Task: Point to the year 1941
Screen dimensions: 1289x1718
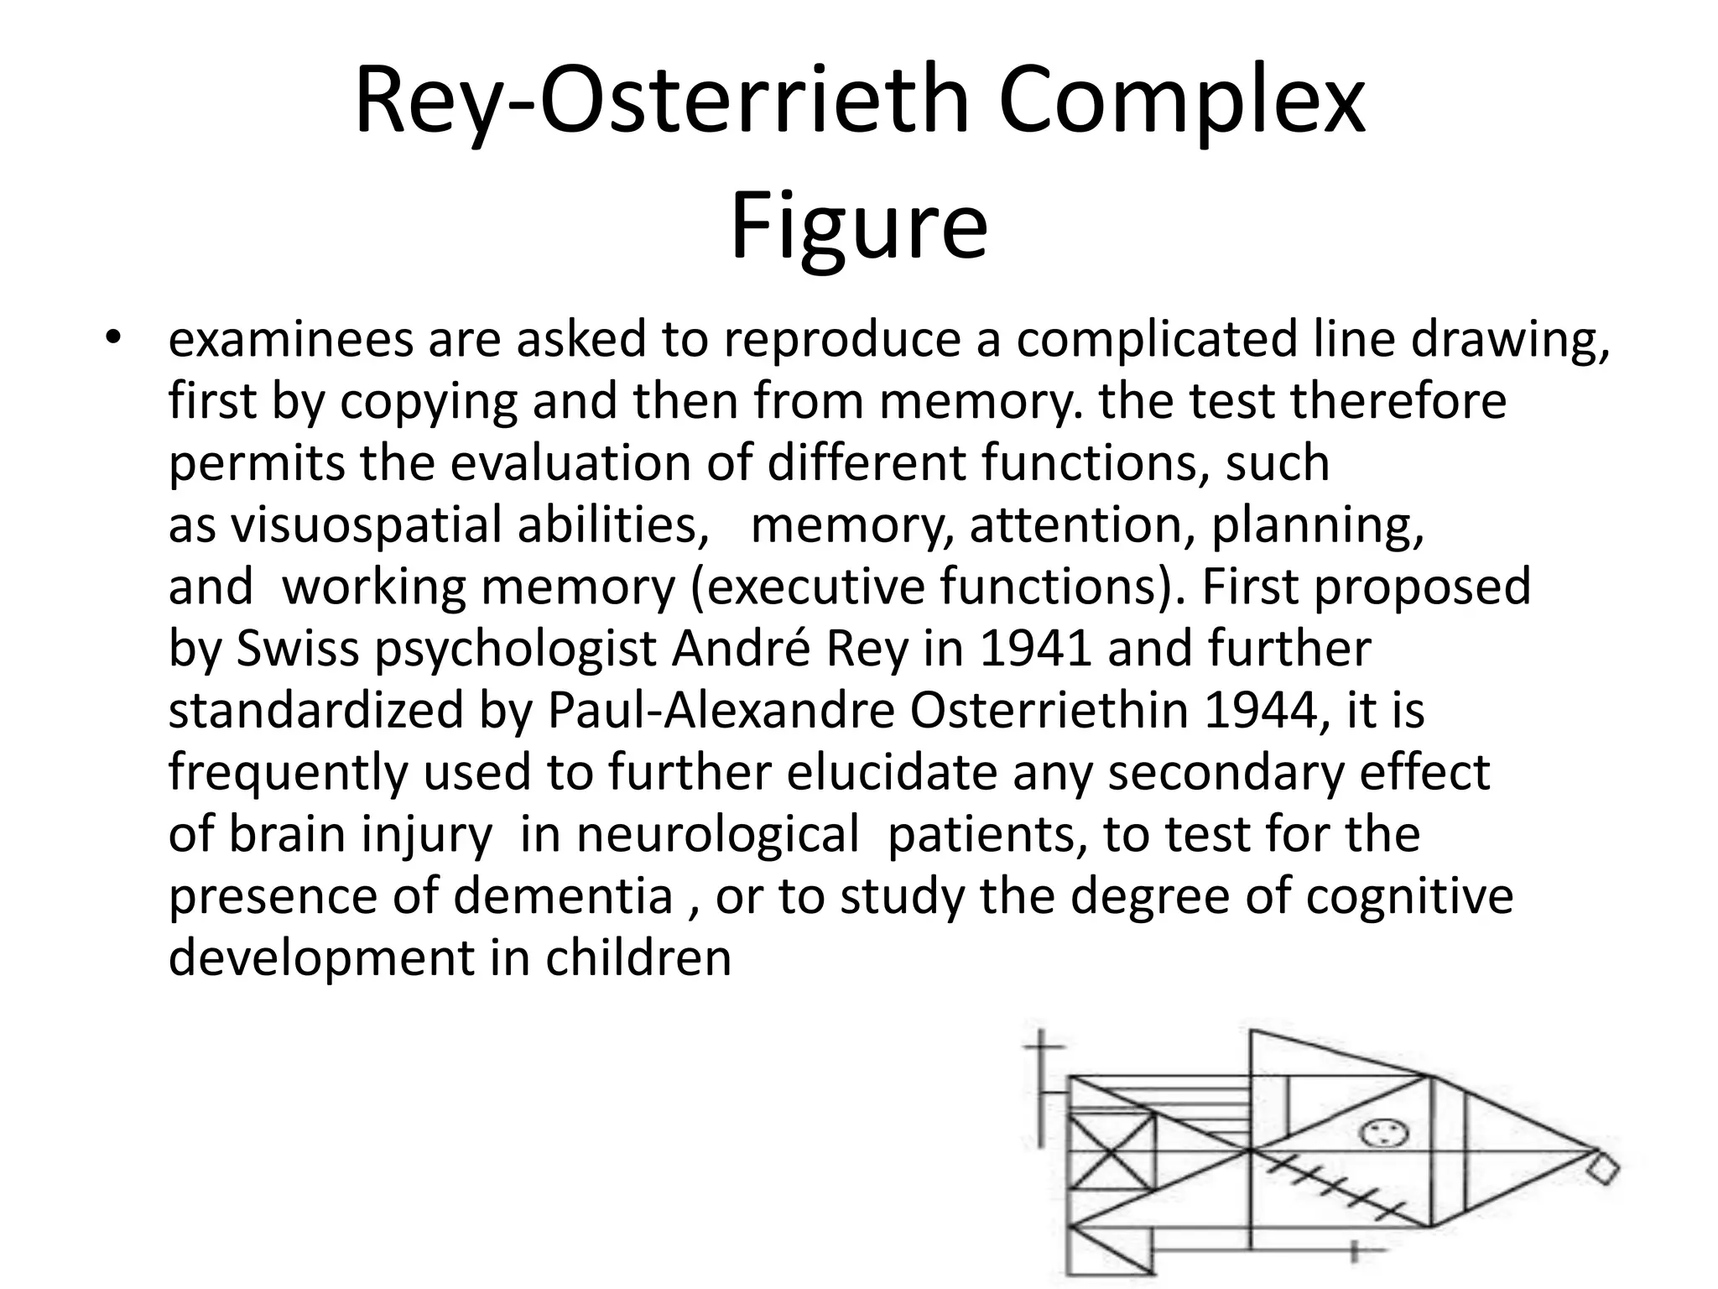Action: [x=1036, y=649]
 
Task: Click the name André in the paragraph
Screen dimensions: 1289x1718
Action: [x=742, y=649]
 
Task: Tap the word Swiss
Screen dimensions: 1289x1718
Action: [x=298, y=649]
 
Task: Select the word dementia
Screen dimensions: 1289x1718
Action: [x=564, y=896]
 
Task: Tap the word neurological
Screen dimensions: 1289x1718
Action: [x=718, y=834]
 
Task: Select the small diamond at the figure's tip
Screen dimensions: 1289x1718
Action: [x=1603, y=1169]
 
